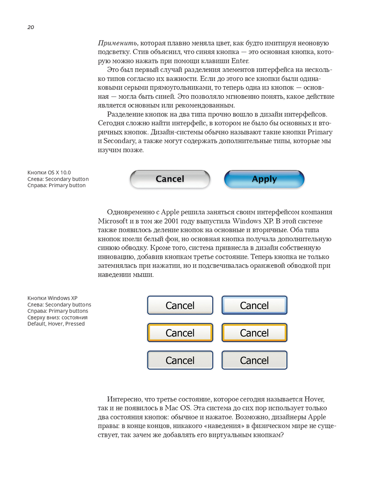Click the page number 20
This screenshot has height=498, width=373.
31,27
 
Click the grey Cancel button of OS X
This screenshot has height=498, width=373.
170,179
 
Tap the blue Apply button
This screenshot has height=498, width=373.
264,179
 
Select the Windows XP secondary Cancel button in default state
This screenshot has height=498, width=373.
180,305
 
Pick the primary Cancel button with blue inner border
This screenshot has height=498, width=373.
254,305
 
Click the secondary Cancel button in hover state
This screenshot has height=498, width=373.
180,333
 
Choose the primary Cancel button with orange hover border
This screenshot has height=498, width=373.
254,333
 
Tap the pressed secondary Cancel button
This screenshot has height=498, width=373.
180,360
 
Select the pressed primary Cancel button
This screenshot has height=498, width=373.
254,360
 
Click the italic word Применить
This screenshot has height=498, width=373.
118,43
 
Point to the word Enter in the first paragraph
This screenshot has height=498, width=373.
240,61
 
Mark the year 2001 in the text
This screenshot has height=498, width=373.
172,221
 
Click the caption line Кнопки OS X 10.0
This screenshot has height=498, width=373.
49,173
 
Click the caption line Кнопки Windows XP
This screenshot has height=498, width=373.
52,298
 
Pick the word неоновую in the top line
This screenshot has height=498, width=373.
313,43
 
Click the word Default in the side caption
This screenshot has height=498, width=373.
37,324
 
